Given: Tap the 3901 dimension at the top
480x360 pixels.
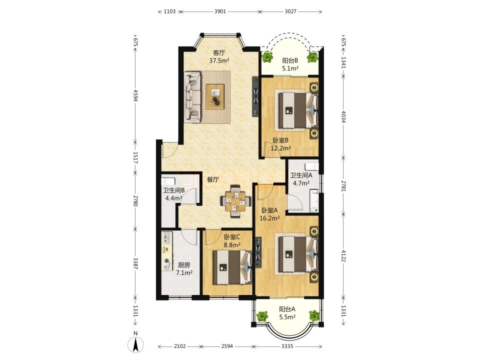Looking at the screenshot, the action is [220, 11].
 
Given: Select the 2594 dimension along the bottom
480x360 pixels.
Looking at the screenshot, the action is [227, 346].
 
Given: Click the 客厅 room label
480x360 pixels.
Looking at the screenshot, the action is [219, 52].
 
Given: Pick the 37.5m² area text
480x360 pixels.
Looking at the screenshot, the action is [219, 60].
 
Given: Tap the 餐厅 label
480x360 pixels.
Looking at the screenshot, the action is [213, 179].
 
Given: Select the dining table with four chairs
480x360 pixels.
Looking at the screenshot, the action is [235, 201].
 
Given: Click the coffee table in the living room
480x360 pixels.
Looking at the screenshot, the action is [215, 96].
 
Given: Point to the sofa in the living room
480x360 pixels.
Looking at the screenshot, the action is [192, 96].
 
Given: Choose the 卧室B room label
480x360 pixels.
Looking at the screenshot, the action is [280, 140].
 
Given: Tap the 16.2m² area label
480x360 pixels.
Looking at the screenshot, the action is [269, 218].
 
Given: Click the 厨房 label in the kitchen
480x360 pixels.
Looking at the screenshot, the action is [183, 265].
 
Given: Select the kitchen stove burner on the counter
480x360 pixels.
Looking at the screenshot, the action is [167, 261].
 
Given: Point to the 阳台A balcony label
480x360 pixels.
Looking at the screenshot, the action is [287, 309].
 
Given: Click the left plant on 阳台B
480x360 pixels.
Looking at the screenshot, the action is [268, 57].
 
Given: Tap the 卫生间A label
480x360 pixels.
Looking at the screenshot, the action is [301, 175].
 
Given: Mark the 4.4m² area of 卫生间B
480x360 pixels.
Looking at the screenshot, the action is [173, 198].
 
